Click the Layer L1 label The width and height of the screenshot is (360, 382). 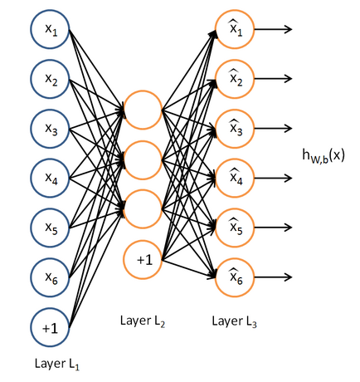click(x=57, y=364)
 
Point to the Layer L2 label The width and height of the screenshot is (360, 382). click(x=143, y=321)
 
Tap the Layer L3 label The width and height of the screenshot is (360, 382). click(x=235, y=321)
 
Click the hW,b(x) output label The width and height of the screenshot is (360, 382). click(x=324, y=156)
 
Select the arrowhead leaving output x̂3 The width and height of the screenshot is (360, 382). click(x=288, y=129)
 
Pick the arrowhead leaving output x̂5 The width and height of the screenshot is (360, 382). click(x=288, y=228)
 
